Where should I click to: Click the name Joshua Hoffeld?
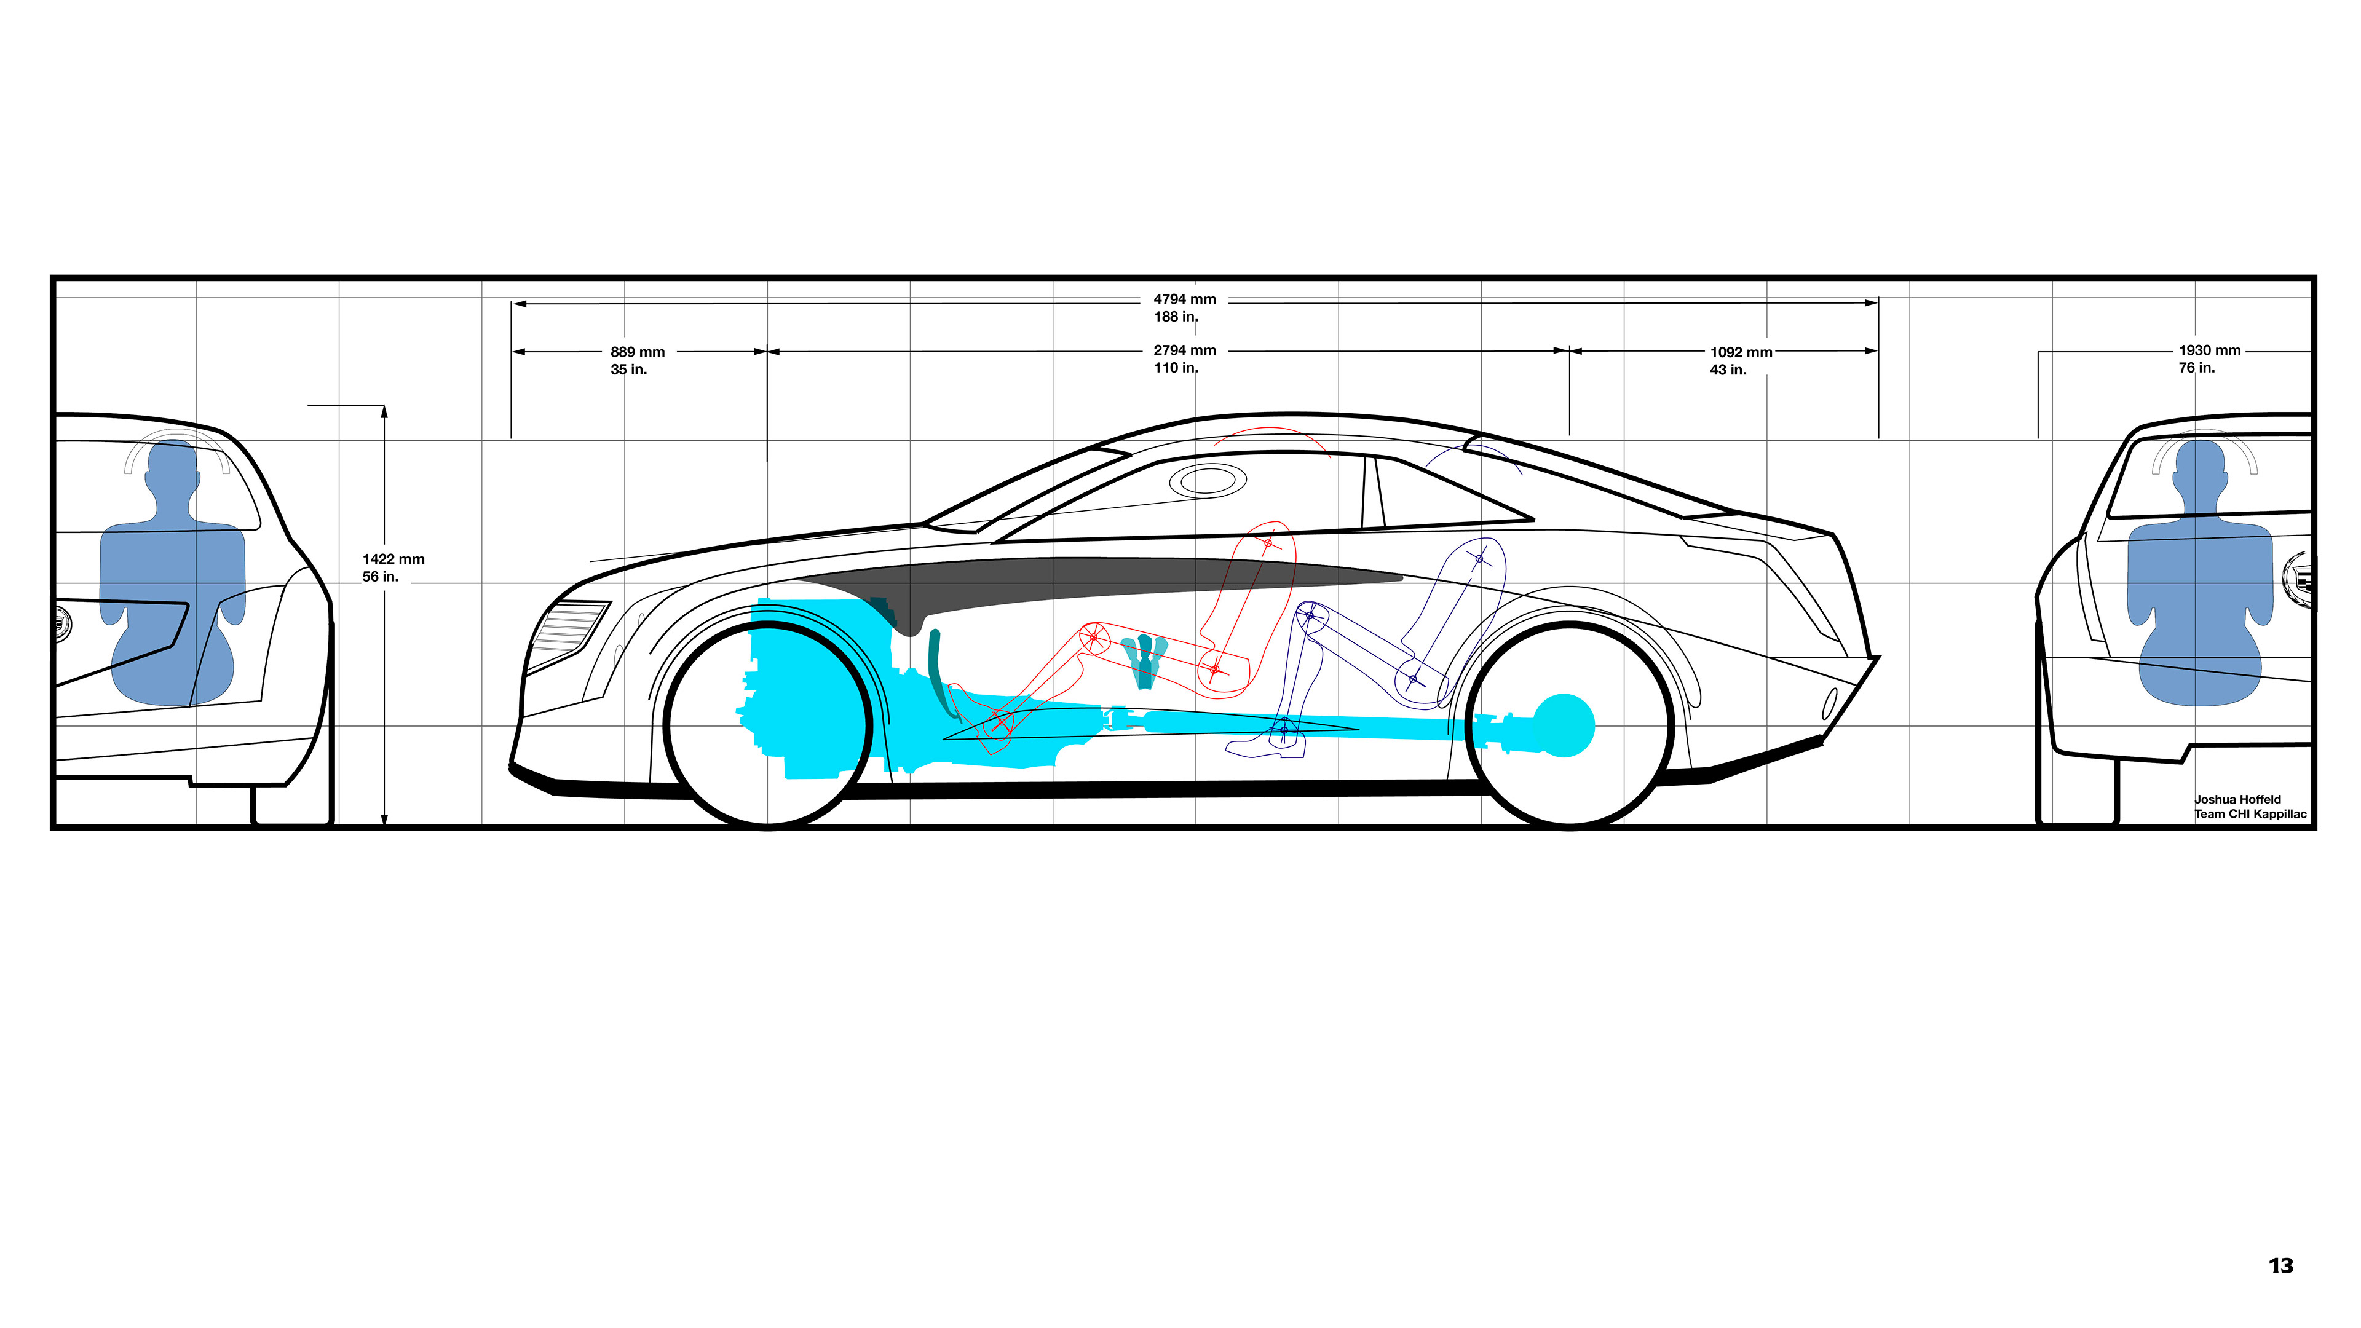[x=2237, y=800]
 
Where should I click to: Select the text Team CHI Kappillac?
[x=2250, y=815]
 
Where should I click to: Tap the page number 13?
[x=2280, y=1267]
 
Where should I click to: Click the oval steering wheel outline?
[x=1208, y=480]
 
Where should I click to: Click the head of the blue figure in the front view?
[x=172, y=467]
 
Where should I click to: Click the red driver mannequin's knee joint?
[x=1093, y=637]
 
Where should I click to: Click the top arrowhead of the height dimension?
[x=384, y=411]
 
